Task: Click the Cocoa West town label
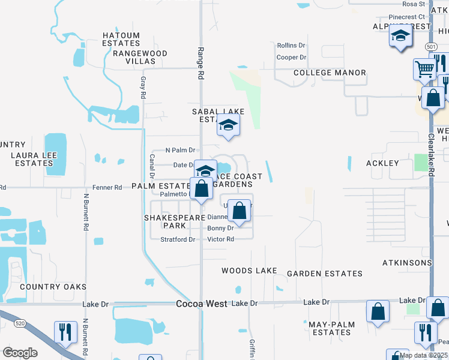click(202, 304)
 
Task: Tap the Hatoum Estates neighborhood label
click(121, 40)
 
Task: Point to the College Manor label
click(330, 73)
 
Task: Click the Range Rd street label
click(201, 64)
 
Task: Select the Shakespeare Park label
click(167, 221)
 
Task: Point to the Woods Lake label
click(249, 271)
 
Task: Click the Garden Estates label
click(325, 274)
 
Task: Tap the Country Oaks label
click(53, 287)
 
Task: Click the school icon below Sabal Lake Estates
click(228, 125)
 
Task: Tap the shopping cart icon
click(424, 69)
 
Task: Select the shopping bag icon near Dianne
click(239, 211)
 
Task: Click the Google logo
click(20, 353)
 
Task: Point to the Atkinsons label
click(407, 263)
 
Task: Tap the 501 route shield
click(430, 46)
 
